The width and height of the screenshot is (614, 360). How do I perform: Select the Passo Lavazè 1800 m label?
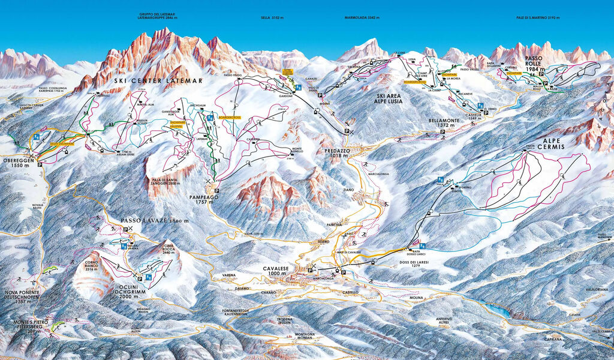click(155, 221)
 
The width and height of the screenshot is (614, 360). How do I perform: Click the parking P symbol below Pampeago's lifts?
click(216, 191)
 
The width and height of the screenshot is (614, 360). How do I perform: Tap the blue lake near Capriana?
click(497, 311)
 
